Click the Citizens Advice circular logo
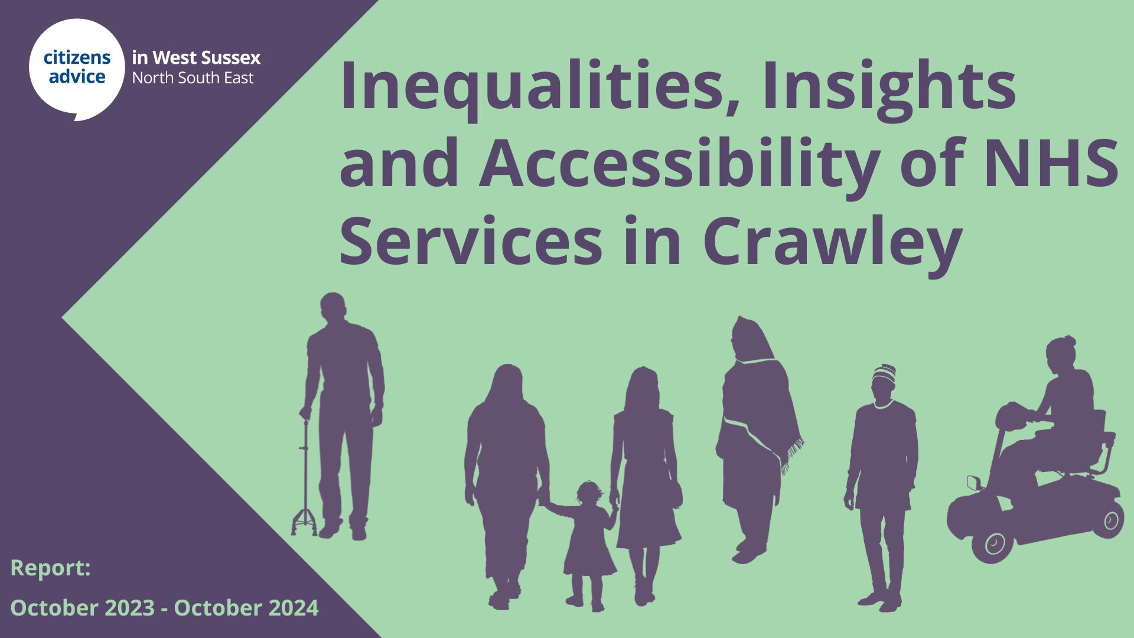point(77,69)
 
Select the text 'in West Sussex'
point(196,58)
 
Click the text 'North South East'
point(193,78)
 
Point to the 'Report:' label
point(51,568)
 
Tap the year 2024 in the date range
point(293,608)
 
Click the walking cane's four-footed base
point(304,522)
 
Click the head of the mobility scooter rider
point(1061,353)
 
